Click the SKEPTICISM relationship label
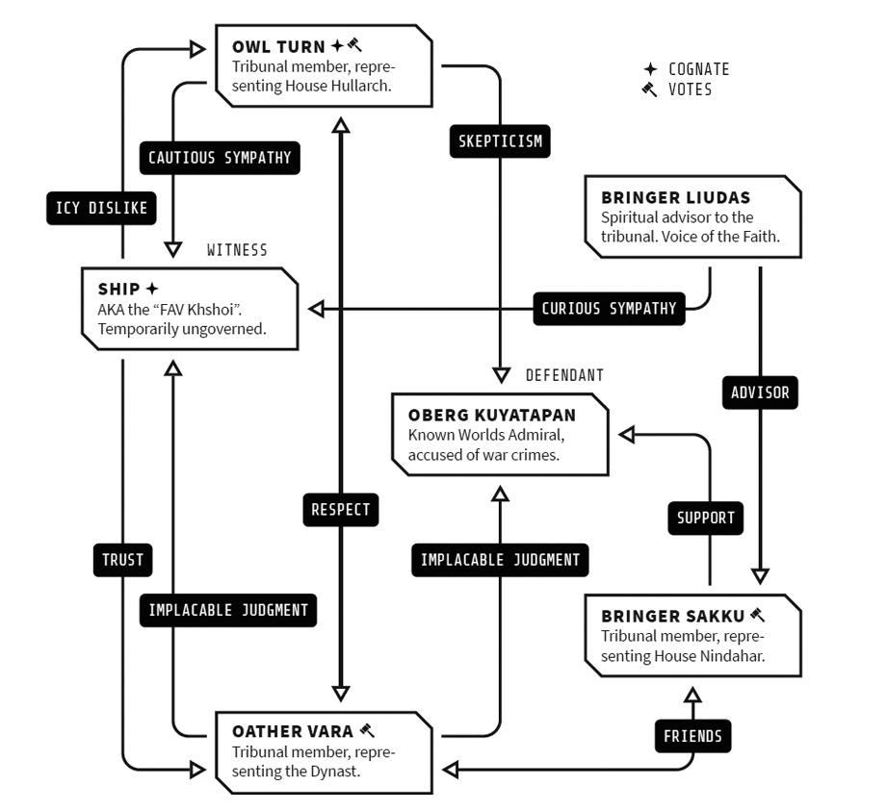click(x=500, y=141)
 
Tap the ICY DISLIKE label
click(x=101, y=208)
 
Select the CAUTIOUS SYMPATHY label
click(x=220, y=158)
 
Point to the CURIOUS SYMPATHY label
click(x=610, y=309)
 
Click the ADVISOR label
click(x=760, y=393)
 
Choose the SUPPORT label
click(x=705, y=518)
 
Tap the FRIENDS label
click(x=693, y=736)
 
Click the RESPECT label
click(x=341, y=510)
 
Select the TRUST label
click(x=122, y=560)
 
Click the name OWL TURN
click(x=278, y=47)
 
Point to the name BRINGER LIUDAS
click(x=675, y=198)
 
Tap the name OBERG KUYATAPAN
click(x=491, y=416)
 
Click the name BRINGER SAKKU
click(x=672, y=616)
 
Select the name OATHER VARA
click(x=293, y=732)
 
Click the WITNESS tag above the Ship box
click(x=237, y=250)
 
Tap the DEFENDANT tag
click(x=564, y=375)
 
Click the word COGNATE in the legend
click(x=698, y=69)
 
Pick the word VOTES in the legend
click(x=691, y=89)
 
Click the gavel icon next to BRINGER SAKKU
click(x=757, y=615)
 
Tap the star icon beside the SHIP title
click(x=151, y=289)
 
